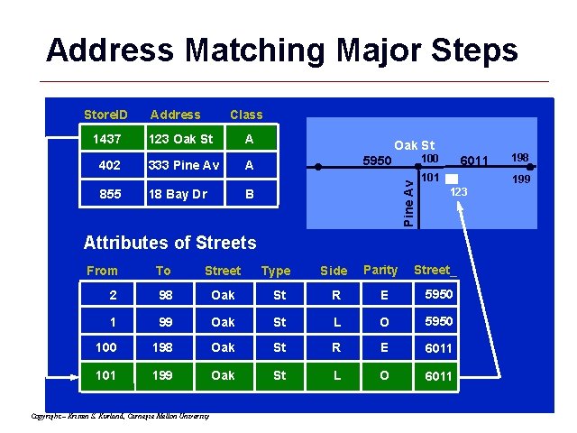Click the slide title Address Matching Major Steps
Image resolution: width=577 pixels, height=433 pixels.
click(282, 50)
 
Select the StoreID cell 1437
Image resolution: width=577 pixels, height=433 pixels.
click(106, 140)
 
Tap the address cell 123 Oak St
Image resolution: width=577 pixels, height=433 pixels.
click(180, 140)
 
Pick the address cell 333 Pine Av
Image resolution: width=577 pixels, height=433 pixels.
click(184, 166)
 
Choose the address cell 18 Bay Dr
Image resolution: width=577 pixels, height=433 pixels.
click(179, 194)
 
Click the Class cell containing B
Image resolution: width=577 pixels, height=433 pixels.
click(249, 194)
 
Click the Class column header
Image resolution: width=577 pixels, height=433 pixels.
click(246, 115)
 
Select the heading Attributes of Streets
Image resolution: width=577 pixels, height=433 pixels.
click(169, 242)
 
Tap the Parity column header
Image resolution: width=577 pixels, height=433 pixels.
click(380, 270)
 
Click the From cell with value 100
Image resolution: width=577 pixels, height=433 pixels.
click(106, 348)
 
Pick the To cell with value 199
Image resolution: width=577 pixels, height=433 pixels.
click(163, 375)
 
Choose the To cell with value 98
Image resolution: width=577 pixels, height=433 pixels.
click(163, 296)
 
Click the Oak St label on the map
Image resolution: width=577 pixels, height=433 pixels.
click(414, 145)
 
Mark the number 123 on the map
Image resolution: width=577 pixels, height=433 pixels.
click(459, 192)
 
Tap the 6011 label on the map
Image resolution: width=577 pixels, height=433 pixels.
click(473, 161)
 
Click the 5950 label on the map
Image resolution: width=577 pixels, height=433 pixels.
click(377, 162)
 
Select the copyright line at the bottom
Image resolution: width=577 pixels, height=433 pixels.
click(120, 416)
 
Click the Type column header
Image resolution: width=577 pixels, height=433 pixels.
click(276, 271)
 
